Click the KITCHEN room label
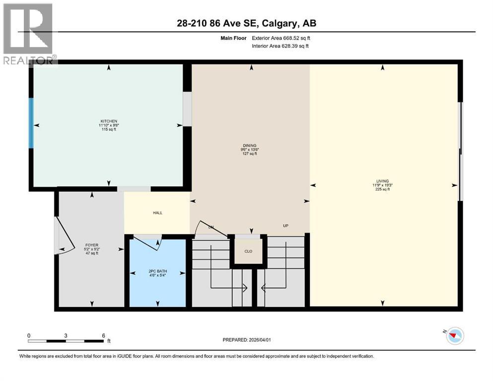pyautogui.click(x=109, y=121)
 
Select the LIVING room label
pyautogui.click(x=382, y=181)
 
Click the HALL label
pyautogui.click(x=157, y=213)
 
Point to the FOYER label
pyautogui.click(x=91, y=245)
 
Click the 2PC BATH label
pyautogui.click(x=158, y=271)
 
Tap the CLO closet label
pyautogui.click(x=248, y=252)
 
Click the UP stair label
pyautogui.click(x=285, y=226)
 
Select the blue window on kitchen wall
pyautogui.click(x=31, y=123)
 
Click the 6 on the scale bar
pyautogui.click(x=103, y=335)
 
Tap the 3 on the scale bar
pyautogui.click(x=66, y=335)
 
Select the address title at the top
pyautogui.click(x=246, y=23)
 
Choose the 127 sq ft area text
pyautogui.click(x=249, y=154)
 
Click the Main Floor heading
pyautogui.click(x=233, y=38)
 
